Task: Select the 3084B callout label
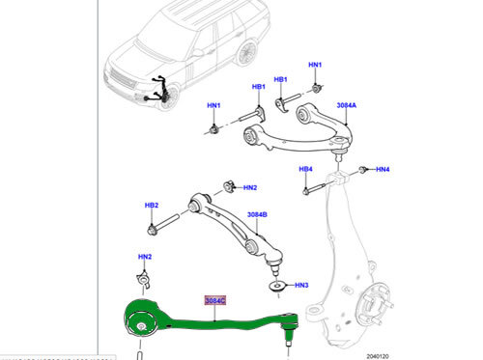click(257, 214)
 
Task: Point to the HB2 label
click(152, 206)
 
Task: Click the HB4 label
click(305, 171)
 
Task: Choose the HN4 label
click(384, 170)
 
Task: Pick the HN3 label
click(301, 285)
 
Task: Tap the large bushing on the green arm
click(143, 322)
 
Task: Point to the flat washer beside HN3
click(279, 286)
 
